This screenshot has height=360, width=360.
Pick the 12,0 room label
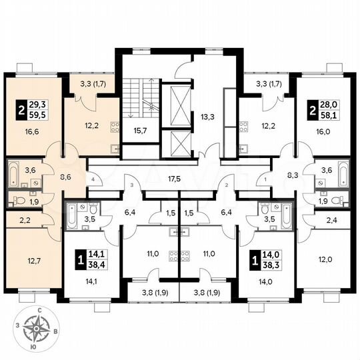click(324, 259)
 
